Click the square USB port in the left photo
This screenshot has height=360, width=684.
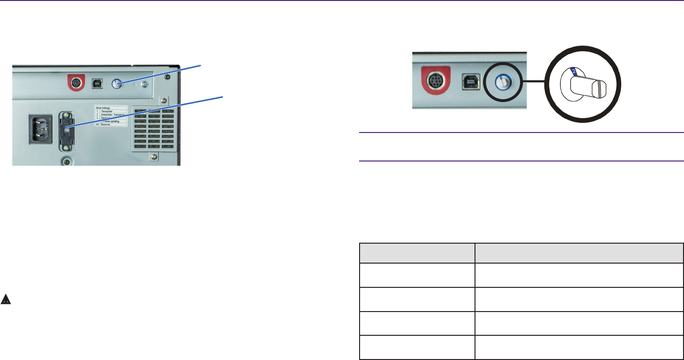(96, 83)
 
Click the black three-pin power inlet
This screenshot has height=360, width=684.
(42, 128)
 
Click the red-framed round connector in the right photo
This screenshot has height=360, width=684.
(434, 81)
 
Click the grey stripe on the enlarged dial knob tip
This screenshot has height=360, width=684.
(600, 90)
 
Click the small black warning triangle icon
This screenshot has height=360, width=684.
(6, 299)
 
